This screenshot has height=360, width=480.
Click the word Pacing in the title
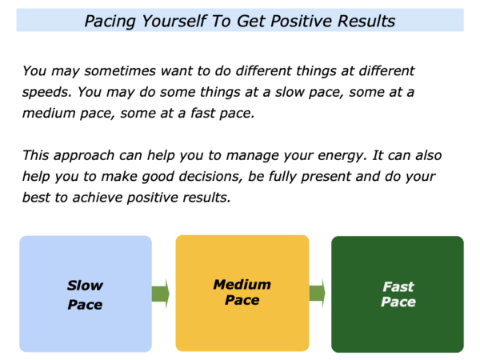point(110,22)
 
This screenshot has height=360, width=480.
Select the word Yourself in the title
point(173,22)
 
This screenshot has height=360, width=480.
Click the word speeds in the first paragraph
point(46,93)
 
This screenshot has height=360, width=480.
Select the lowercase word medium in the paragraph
point(49,114)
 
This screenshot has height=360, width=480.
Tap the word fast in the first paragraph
point(203,113)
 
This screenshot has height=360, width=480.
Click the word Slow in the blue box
point(85,286)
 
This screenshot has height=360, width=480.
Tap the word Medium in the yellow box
point(242,285)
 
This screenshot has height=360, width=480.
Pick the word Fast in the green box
point(398,287)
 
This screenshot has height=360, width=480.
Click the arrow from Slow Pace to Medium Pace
point(161,294)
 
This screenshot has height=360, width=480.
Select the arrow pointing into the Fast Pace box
point(317,294)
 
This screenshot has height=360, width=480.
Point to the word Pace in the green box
point(398,302)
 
